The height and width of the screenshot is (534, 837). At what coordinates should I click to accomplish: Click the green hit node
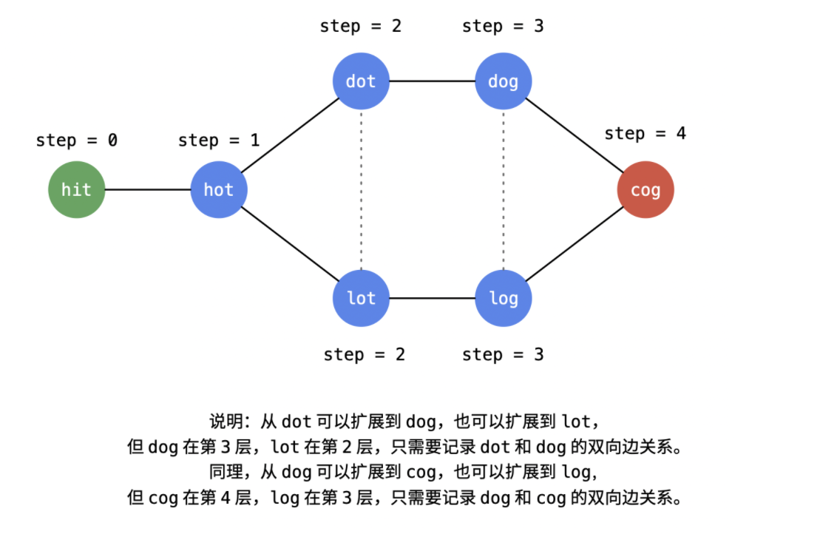[x=76, y=190]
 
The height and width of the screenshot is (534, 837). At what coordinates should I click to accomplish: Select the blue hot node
[x=219, y=190]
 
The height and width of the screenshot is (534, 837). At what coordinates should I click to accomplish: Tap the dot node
[x=361, y=81]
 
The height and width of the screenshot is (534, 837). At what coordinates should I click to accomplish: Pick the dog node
[x=503, y=81]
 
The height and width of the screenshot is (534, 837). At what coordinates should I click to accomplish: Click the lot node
[x=361, y=298]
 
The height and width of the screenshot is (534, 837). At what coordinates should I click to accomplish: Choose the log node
[x=503, y=298]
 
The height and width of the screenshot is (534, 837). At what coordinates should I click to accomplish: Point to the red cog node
[x=645, y=190]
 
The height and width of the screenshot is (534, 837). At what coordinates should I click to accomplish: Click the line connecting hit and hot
[x=148, y=190]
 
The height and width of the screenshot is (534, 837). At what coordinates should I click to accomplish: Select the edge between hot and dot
[x=290, y=135]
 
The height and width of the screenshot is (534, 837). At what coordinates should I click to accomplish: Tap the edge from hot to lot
[x=290, y=244]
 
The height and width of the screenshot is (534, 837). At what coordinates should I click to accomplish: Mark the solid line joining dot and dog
[x=432, y=81]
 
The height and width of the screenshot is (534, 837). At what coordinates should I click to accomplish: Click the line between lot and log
[x=432, y=298]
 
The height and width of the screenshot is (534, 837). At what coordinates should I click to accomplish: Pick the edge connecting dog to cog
[x=575, y=135]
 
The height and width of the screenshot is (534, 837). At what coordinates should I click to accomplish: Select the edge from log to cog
[x=575, y=244]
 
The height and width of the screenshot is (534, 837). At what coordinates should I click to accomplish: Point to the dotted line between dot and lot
[x=361, y=190]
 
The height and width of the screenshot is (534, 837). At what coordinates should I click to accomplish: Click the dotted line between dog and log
[x=503, y=190]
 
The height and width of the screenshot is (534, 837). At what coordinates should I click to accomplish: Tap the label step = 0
[x=76, y=141]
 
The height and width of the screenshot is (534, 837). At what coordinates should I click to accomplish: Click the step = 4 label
[x=645, y=134]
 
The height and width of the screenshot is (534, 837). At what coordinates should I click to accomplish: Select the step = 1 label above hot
[x=219, y=141]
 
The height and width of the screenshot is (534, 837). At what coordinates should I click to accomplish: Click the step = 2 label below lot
[x=364, y=354]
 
